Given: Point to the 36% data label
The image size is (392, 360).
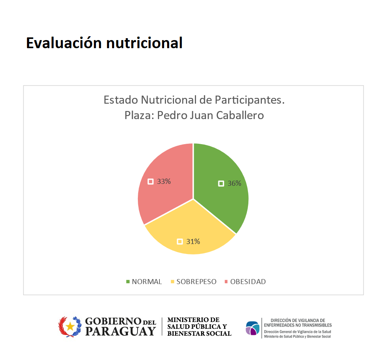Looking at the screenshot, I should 234,183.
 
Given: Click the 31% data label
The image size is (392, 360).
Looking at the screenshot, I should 193,242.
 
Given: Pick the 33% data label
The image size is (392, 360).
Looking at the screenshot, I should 164,181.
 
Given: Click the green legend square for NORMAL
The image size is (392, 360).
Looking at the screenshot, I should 128,282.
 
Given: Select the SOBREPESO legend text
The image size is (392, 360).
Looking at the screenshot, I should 196,282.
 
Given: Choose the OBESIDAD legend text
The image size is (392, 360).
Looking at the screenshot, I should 248,282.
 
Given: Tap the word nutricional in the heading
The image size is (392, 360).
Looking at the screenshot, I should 144,43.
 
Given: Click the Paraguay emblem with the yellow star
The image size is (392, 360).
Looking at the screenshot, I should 70,326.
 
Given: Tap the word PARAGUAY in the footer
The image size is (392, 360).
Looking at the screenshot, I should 121,331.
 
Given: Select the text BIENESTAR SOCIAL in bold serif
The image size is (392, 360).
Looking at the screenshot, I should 199,333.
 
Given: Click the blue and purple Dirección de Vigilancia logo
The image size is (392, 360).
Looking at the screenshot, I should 253,328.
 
